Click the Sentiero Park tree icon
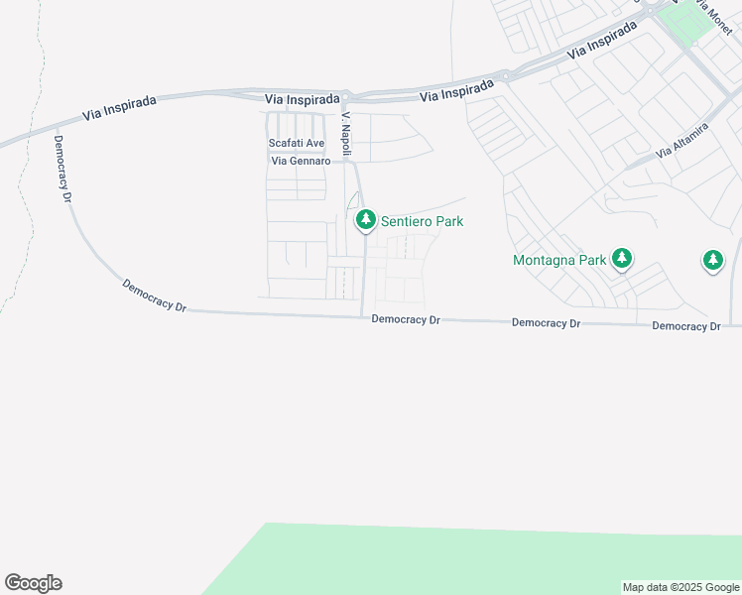click(x=365, y=220)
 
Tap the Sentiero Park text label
click(x=422, y=222)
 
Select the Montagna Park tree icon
click(x=622, y=260)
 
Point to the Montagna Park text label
click(x=559, y=261)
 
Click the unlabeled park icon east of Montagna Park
click(x=712, y=261)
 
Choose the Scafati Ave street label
click(x=297, y=144)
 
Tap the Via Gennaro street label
click(x=301, y=161)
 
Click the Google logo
click(x=33, y=583)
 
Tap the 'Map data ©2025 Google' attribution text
click(x=680, y=587)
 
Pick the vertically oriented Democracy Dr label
click(x=63, y=170)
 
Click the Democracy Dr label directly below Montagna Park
click(x=546, y=323)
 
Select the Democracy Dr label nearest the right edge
click(x=686, y=326)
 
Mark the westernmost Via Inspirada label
click(x=121, y=107)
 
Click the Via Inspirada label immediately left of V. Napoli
click(x=303, y=99)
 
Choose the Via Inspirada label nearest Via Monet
click(x=602, y=41)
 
